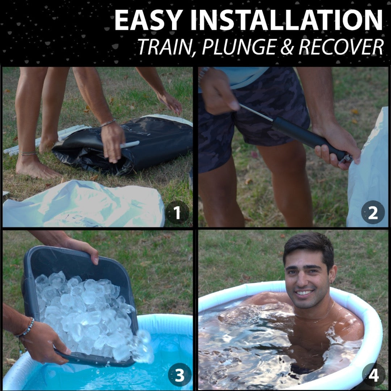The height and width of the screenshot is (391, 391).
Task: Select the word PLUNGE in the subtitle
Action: click(244, 47)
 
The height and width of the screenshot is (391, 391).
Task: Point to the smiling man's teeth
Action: click(305, 293)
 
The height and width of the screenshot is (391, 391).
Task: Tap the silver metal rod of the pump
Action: click(255, 112)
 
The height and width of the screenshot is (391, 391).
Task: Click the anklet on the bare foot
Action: click(28, 153)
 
